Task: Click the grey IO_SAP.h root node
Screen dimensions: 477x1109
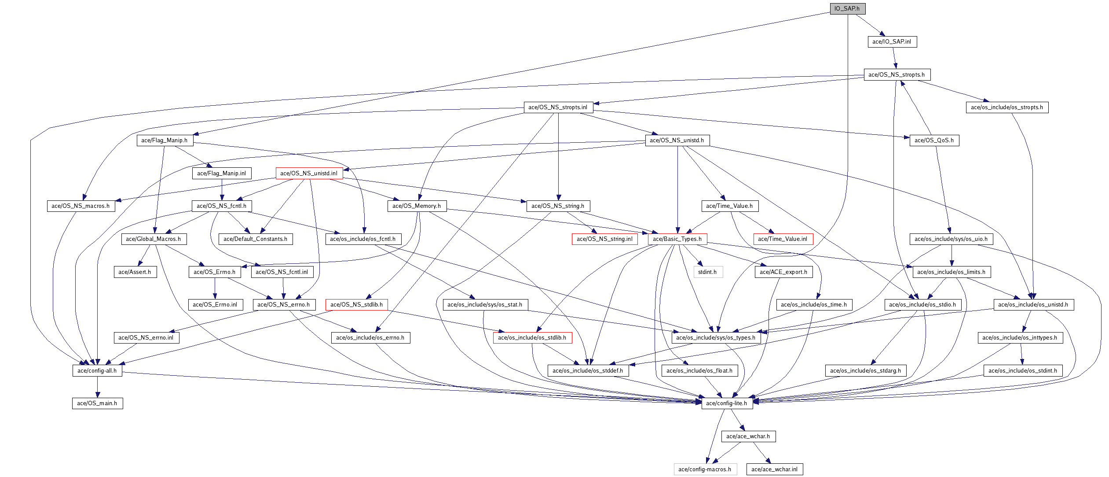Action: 847,8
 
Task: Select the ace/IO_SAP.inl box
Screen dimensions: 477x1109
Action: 892,41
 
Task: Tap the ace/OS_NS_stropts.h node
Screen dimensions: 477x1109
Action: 897,74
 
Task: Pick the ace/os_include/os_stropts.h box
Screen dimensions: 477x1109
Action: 1007,107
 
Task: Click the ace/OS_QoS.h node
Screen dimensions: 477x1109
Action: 934,140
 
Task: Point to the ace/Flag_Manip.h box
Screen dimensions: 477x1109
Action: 164,140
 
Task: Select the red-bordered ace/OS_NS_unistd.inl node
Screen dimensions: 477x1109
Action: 309,173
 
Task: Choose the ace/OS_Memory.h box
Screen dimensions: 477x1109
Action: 417,206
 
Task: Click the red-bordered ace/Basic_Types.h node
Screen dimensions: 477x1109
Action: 677,239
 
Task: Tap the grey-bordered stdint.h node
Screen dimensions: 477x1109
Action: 707,272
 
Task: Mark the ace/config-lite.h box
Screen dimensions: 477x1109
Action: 727,403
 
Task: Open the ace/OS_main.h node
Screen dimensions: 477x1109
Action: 97,403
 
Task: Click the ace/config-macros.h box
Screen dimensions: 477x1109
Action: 705,469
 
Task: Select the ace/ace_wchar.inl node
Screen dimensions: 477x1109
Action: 774,469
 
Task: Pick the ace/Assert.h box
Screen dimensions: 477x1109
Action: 135,272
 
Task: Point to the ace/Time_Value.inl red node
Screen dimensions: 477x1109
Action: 783,239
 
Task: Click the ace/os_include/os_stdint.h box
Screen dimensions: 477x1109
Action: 1023,370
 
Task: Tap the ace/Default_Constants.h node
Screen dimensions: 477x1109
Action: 255,239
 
